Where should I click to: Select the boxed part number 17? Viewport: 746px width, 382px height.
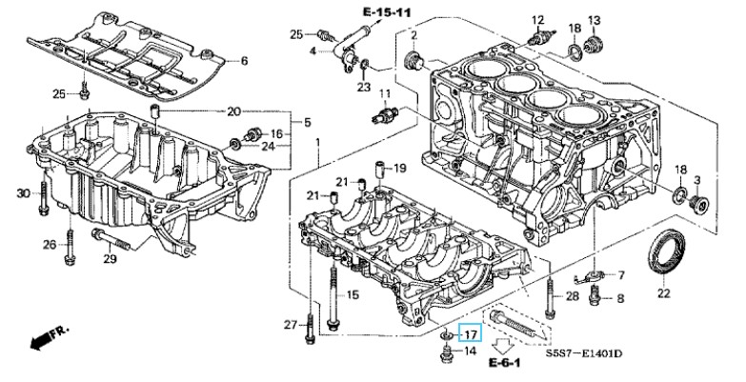[x=471, y=333]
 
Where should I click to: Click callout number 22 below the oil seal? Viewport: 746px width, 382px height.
[x=663, y=292]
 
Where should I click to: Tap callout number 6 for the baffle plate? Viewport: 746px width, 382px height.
[x=243, y=61]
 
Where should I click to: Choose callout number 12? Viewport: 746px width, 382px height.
[x=537, y=19]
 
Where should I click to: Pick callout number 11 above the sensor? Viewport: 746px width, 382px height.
[x=385, y=93]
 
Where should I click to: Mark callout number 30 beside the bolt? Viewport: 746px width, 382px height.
[x=25, y=194]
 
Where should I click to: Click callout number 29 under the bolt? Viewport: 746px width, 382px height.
[x=110, y=259]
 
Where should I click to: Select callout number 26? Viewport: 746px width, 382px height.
[x=50, y=245]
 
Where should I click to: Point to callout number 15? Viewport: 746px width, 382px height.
[x=352, y=295]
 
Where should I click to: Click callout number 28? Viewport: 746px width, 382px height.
[x=572, y=297]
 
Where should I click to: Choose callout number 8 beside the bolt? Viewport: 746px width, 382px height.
[x=620, y=299]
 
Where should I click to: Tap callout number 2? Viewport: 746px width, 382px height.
[x=414, y=35]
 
